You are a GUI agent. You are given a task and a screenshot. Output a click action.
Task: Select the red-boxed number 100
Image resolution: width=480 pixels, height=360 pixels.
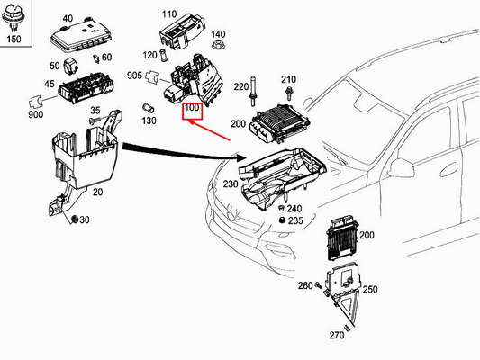pos(191,110)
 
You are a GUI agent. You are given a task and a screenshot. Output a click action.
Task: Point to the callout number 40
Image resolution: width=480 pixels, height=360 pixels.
pos(68,19)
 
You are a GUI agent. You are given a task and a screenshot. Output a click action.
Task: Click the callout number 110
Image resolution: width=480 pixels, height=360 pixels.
pos(169,15)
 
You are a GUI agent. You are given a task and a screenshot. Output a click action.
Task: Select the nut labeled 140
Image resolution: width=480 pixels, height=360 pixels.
pos(216,46)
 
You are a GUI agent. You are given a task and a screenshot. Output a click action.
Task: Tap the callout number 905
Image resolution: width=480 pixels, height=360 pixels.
pos(134,76)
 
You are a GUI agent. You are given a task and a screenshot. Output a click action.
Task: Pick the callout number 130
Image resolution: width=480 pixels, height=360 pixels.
pos(149,121)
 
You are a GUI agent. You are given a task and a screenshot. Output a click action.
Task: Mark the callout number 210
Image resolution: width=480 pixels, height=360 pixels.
pos(288,80)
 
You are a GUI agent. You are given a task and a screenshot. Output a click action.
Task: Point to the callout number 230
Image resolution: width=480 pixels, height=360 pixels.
pos(230,185)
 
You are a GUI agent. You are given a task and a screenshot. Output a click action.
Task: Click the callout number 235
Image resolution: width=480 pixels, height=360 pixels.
pos(295,220)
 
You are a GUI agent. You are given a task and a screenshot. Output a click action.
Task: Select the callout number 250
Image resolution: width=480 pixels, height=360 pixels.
pos(371,289)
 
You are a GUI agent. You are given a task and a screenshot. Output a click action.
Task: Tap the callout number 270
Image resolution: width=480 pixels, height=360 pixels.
pos(336,335)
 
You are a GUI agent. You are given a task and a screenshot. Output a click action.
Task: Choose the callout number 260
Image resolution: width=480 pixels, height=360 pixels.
pos(304,286)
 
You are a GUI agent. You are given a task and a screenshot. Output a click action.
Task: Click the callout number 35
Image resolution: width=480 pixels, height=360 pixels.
pos(95,111)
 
